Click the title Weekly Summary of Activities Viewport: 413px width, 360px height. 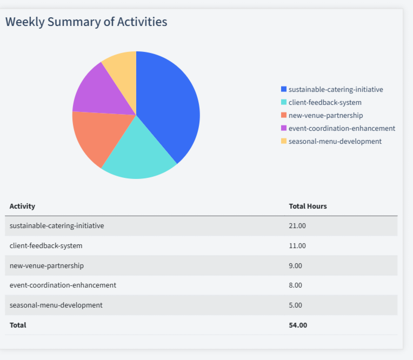point(86,22)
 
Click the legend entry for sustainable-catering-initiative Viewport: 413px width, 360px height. point(335,89)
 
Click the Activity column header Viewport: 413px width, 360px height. point(22,206)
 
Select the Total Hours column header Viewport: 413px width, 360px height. point(308,206)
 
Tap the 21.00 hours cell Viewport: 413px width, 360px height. point(297,225)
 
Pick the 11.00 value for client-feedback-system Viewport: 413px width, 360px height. point(297,245)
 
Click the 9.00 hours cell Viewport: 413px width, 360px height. point(296,265)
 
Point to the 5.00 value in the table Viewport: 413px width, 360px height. point(296,305)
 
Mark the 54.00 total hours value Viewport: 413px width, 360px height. point(298,325)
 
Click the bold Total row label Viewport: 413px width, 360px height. point(18,325)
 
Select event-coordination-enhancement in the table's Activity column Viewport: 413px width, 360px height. point(63,285)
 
